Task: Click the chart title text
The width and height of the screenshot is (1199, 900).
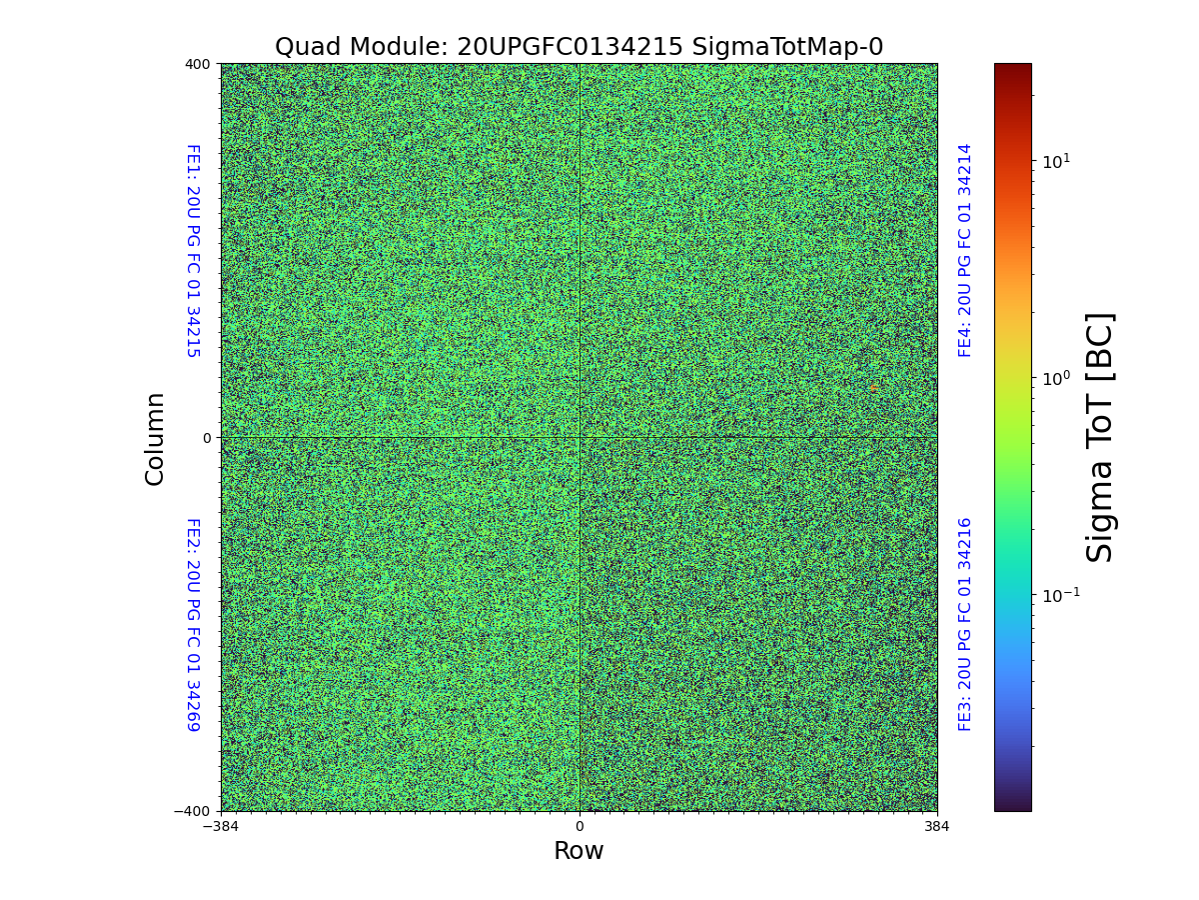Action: (x=579, y=47)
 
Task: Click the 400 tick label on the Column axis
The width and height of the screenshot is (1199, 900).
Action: (x=197, y=64)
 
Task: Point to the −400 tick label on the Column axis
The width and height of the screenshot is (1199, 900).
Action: (x=192, y=811)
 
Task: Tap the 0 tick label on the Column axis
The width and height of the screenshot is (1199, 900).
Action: (x=207, y=438)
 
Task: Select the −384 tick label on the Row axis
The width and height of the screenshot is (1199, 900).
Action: (x=221, y=827)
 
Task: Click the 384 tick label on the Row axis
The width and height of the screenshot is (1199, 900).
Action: (x=937, y=827)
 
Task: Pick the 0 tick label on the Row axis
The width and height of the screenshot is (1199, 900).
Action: (x=579, y=827)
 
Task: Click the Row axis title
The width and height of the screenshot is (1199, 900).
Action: (x=579, y=851)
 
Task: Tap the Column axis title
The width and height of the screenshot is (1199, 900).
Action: (x=155, y=438)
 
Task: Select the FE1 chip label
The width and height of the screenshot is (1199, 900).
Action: (x=193, y=251)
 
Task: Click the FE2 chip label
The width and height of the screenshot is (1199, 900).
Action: (x=193, y=624)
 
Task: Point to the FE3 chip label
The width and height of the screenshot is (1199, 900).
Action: (x=965, y=624)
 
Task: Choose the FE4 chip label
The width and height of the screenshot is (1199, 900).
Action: (x=965, y=251)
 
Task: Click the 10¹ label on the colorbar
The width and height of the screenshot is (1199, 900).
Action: (x=1056, y=160)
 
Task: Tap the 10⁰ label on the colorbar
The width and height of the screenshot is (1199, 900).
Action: (x=1056, y=378)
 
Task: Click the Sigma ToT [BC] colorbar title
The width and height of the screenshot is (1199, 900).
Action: (x=1100, y=438)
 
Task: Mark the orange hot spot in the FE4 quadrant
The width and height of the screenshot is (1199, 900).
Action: (x=873, y=388)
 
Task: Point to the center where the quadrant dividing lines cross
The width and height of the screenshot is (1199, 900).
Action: (x=579, y=438)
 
